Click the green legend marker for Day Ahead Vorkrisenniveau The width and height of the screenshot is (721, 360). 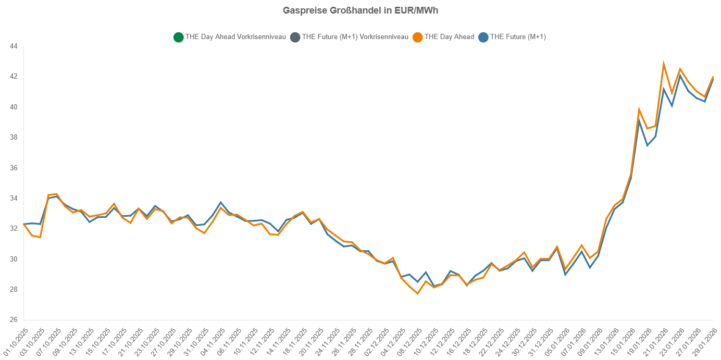(x=178, y=37)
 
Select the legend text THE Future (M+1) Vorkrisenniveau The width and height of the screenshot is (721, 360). (x=355, y=37)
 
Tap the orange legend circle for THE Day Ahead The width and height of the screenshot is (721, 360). (x=417, y=37)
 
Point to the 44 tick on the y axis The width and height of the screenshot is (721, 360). (x=14, y=46)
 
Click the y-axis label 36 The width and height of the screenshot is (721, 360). (x=14, y=168)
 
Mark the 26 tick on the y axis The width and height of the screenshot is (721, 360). (x=14, y=320)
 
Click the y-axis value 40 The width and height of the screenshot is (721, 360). (x=14, y=107)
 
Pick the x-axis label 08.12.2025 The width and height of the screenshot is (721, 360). (x=408, y=340)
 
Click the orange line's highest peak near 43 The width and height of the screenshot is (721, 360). (x=664, y=64)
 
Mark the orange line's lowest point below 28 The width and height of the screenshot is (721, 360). (x=417, y=293)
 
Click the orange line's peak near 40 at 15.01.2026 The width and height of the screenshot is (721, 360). (x=639, y=110)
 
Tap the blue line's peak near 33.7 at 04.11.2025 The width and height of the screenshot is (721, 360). (x=220, y=202)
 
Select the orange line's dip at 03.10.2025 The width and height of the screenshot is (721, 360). (x=40, y=237)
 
